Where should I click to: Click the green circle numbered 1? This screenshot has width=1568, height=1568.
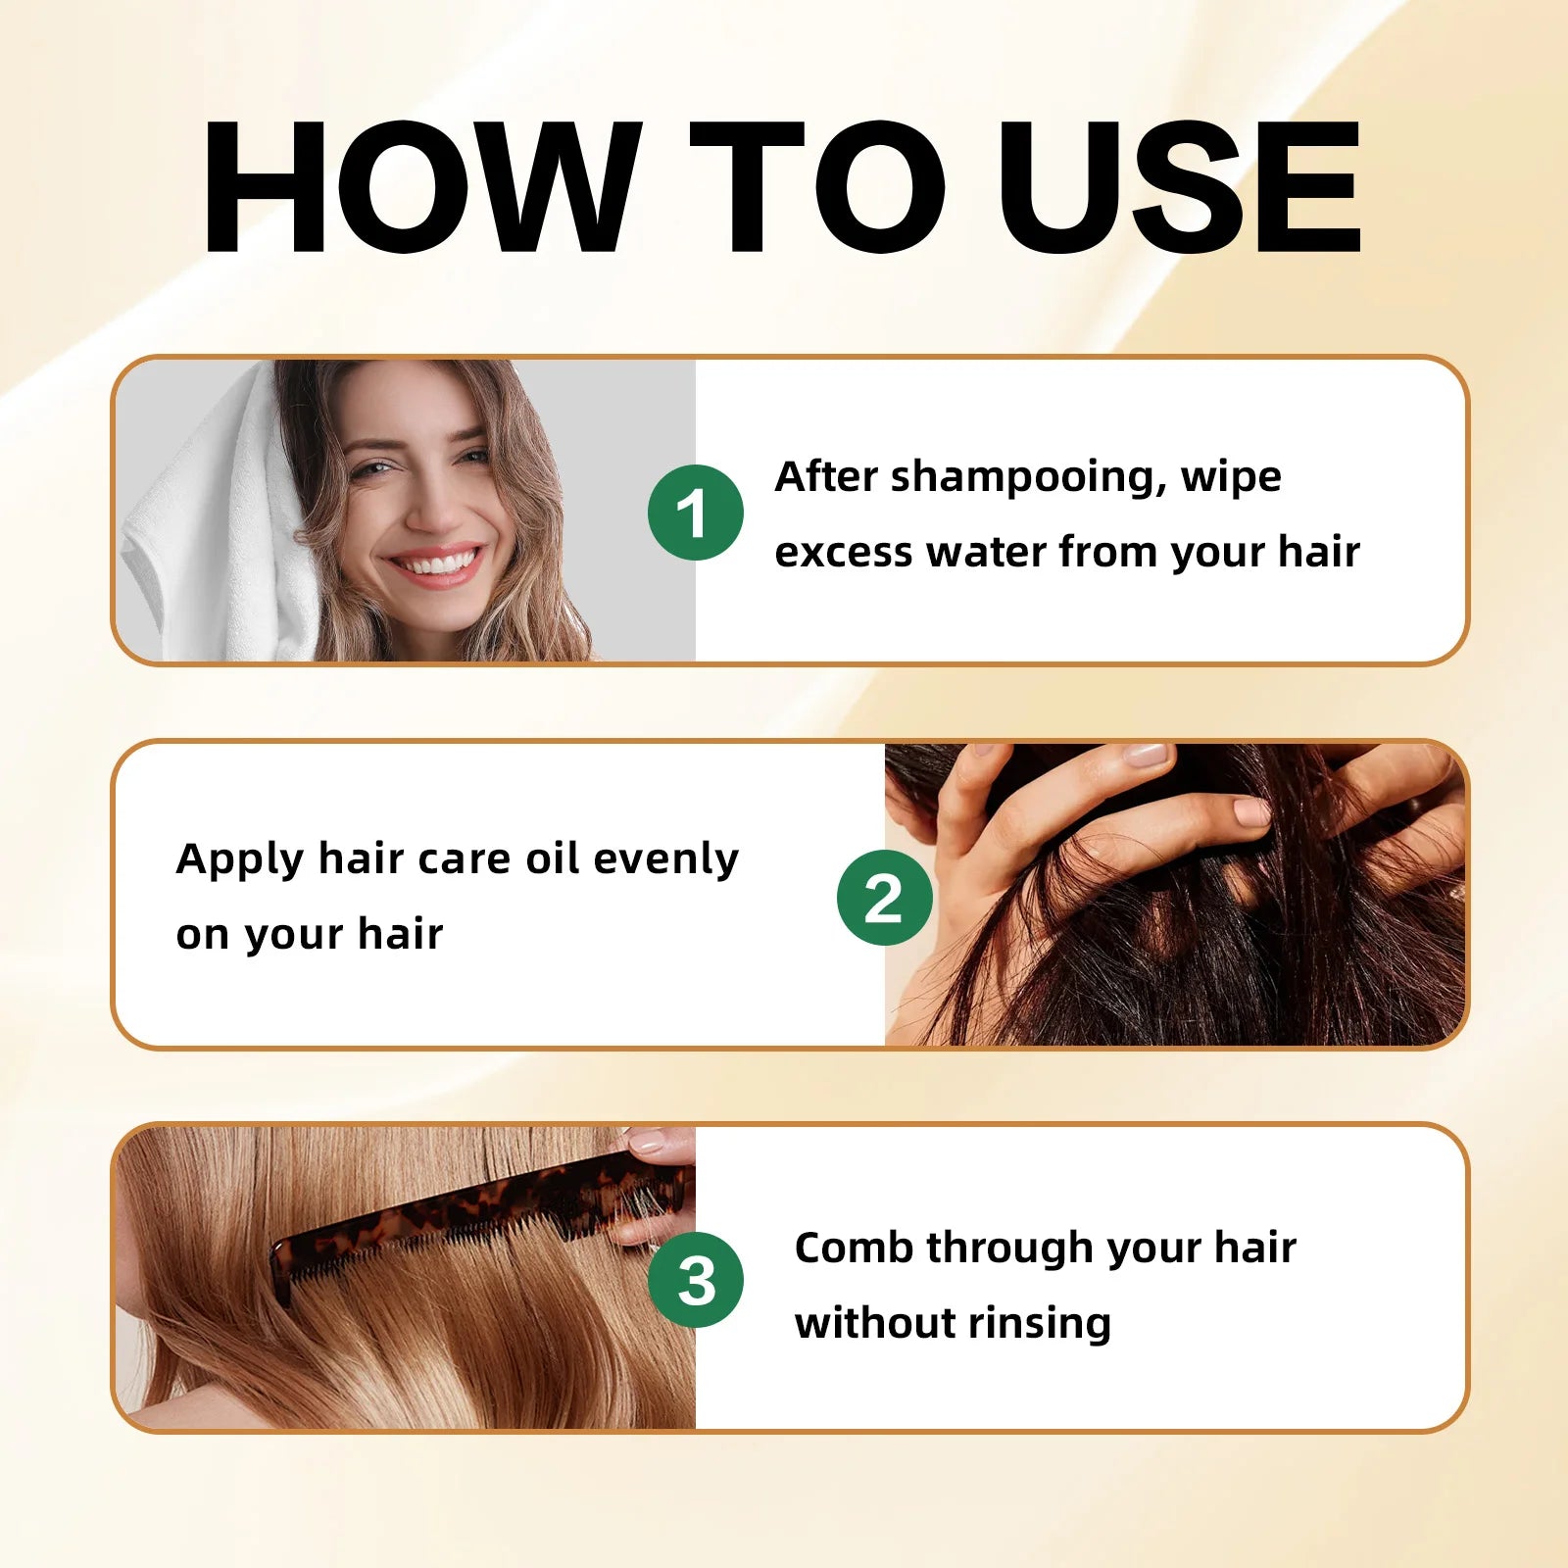tap(696, 513)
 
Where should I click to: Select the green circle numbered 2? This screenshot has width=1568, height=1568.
tap(884, 898)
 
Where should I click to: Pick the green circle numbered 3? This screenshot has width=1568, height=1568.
tap(696, 1280)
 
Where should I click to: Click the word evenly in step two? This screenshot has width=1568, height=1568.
tap(665, 859)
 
